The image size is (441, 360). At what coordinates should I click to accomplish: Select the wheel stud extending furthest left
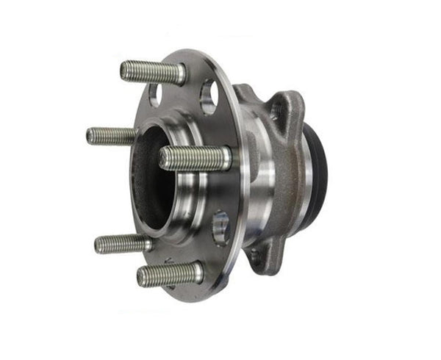110,135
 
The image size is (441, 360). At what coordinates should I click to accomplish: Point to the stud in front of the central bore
195,158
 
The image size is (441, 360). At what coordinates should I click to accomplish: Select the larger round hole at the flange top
208,96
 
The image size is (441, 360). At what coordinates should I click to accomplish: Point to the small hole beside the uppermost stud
155,93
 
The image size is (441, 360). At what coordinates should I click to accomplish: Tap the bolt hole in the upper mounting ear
276,111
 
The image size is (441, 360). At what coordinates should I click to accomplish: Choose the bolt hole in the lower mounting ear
255,257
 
